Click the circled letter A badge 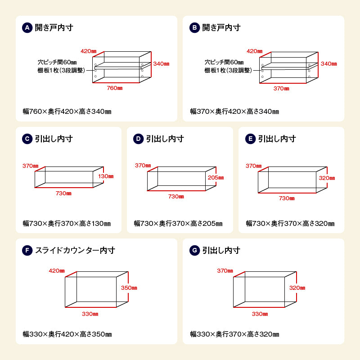pos(27,28)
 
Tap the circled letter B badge pos(194,28)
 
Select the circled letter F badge pos(27,250)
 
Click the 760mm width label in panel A pos(115,88)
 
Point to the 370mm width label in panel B pos(281,89)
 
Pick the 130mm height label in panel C pos(106,176)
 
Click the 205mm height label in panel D pos(216,178)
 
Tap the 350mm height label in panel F pos(129,288)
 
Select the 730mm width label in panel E pos(287,198)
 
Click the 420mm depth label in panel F pos(57,271)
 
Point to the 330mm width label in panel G pos(260,314)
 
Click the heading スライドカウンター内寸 pos(75,250)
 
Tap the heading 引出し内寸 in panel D pos(165,139)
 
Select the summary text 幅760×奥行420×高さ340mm pos(67,112)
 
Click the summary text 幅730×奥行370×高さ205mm pos(178,223)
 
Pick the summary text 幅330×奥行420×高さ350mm pos(67,334)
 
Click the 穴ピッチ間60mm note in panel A pos(57,62)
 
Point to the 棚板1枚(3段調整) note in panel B pos(228,70)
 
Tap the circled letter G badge pos(194,250)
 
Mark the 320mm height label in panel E pos(327,178)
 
